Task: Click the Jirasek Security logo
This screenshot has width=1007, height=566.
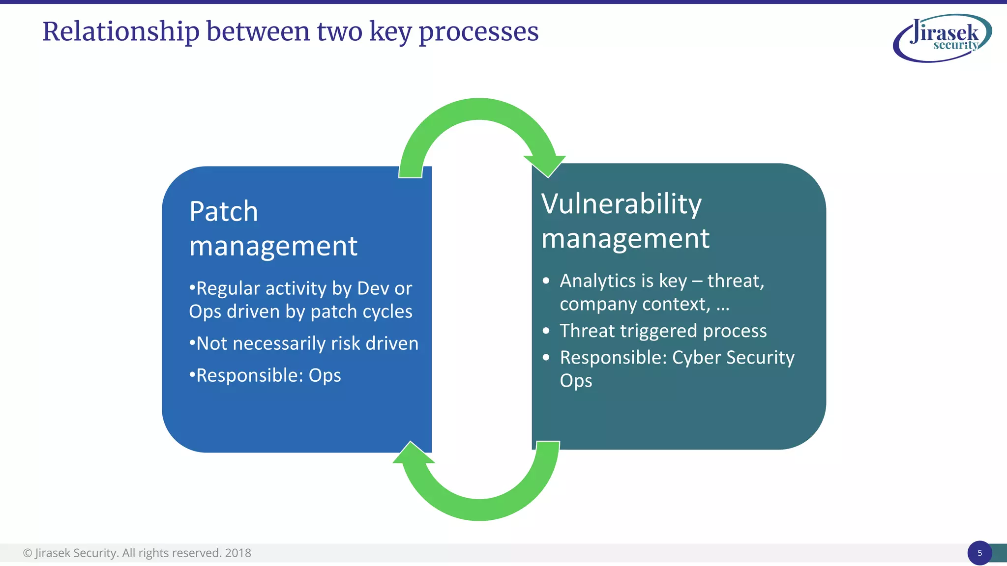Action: (942, 38)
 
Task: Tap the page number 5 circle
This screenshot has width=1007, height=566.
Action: (979, 553)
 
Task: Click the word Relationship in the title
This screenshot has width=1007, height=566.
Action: (120, 32)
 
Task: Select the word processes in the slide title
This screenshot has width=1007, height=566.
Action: (478, 32)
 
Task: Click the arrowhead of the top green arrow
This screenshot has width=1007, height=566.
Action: (546, 165)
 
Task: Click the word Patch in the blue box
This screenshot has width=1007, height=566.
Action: (223, 212)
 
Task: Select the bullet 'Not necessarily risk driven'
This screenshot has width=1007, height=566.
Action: (303, 343)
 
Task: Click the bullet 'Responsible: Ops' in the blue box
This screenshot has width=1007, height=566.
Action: (265, 375)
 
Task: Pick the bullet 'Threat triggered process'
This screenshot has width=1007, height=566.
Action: (662, 331)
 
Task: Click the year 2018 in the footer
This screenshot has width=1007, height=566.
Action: (238, 553)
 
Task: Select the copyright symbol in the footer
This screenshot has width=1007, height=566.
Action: (28, 553)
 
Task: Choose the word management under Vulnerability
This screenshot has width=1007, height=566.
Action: (625, 239)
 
